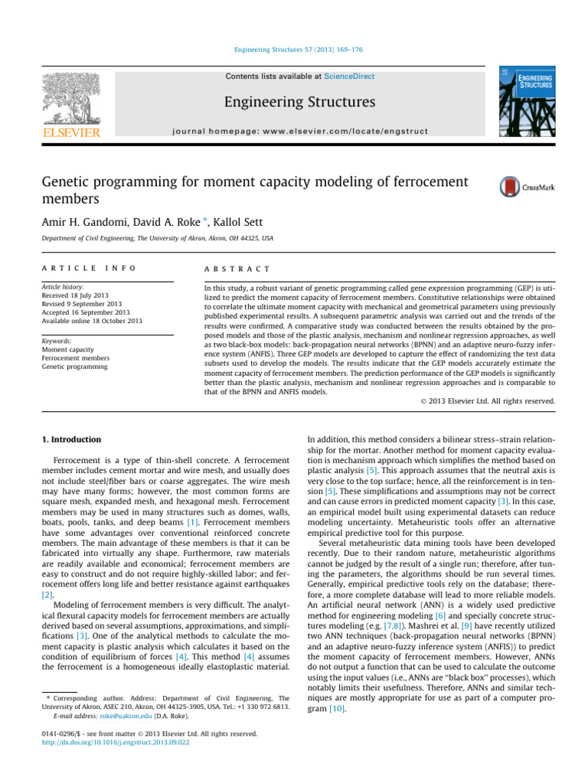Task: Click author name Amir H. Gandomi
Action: coord(73,221)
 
